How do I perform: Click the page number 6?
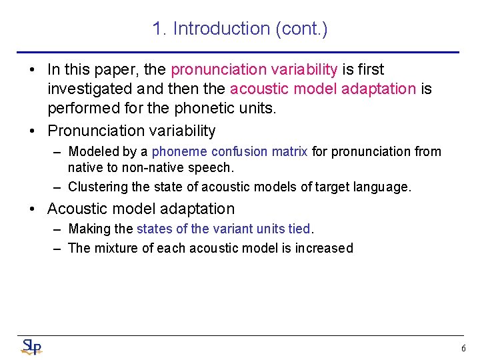pyautogui.click(x=463, y=348)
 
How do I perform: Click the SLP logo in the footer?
pyautogui.click(x=31, y=347)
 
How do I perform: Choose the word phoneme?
pyautogui.click(x=180, y=151)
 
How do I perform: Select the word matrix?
pyautogui.click(x=290, y=151)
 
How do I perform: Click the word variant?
pyautogui.click(x=234, y=229)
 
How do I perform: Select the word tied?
pyautogui.click(x=300, y=229)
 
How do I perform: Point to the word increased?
pyautogui.click(x=325, y=248)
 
